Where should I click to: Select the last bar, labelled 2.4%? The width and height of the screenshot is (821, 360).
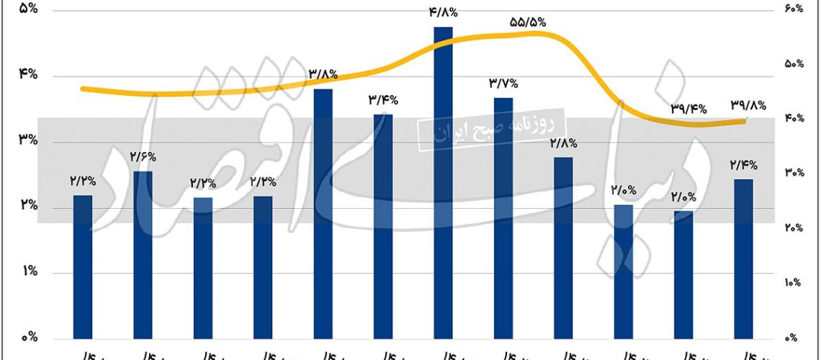743,258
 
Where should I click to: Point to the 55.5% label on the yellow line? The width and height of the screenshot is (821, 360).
528,22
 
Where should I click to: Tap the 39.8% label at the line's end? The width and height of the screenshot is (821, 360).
748,104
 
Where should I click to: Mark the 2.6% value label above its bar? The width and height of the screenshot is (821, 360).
144,156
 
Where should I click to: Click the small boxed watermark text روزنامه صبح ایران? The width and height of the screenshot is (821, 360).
492,129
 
